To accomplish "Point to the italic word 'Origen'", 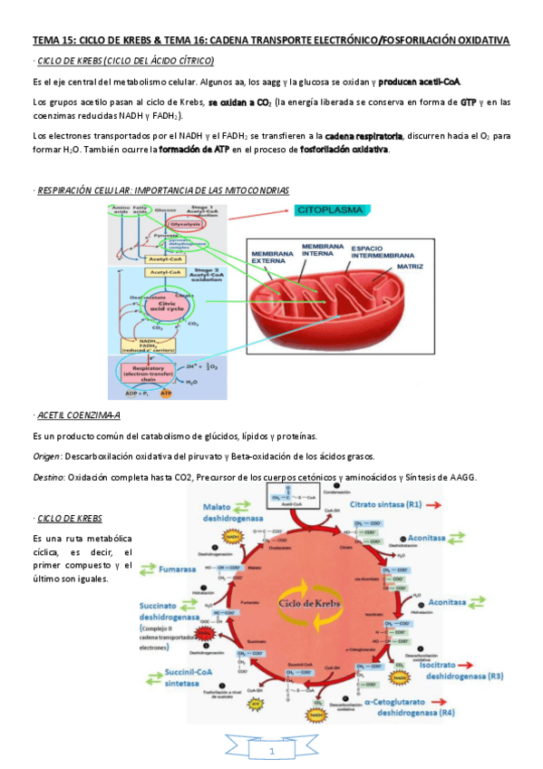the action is pyautogui.click(x=47, y=455).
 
